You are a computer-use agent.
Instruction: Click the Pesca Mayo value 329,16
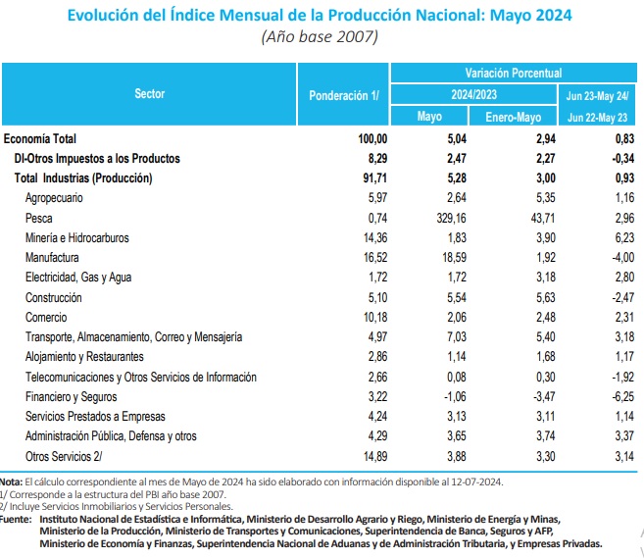click(451, 218)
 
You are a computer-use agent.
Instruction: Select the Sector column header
click(150, 94)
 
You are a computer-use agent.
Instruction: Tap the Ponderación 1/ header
click(344, 96)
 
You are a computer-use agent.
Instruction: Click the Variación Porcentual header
click(514, 74)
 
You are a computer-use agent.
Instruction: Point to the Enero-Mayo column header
click(513, 117)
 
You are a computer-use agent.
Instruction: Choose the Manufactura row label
click(52, 258)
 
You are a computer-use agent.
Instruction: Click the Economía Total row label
click(40, 139)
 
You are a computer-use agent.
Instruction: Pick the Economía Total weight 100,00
click(372, 139)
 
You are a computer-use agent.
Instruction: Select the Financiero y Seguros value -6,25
click(623, 396)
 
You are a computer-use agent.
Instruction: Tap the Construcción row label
click(53, 297)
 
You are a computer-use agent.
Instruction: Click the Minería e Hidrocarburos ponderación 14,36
click(375, 238)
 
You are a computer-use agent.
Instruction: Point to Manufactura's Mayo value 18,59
click(455, 258)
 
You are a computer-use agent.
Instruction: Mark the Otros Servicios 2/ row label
click(64, 457)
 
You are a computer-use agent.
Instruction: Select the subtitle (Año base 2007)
click(320, 36)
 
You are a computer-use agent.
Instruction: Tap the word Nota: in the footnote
click(11, 482)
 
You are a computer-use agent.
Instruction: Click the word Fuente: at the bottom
click(16, 520)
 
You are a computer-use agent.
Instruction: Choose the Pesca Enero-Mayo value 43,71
click(543, 218)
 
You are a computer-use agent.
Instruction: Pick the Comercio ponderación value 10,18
click(375, 317)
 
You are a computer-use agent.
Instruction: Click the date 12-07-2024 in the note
click(476, 482)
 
